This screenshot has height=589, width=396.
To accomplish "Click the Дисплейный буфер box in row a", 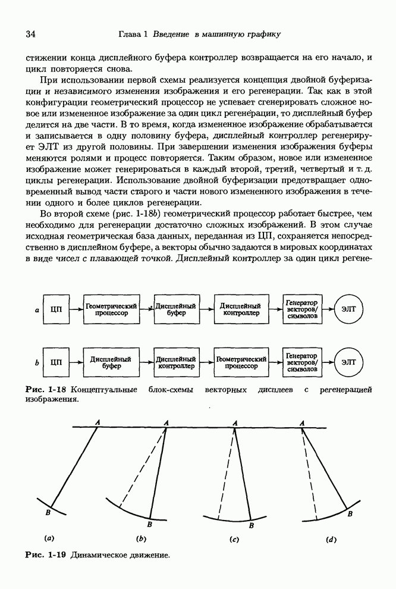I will click(x=176, y=309).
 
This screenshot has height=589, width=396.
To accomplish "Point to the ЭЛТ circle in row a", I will click(x=349, y=309).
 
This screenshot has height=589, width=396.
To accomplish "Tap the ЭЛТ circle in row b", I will click(x=349, y=363).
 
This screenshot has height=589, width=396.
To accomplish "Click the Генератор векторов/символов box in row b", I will click(x=301, y=363).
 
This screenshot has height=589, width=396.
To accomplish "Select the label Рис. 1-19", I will click(x=45, y=554).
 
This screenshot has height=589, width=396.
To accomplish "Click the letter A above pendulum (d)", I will click(x=303, y=422).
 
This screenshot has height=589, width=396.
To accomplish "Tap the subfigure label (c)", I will click(x=234, y=540).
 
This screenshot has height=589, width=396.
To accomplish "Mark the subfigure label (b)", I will click(x=142, y=539).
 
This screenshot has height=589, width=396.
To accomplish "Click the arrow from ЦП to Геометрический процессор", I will click(x=76, y=309).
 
